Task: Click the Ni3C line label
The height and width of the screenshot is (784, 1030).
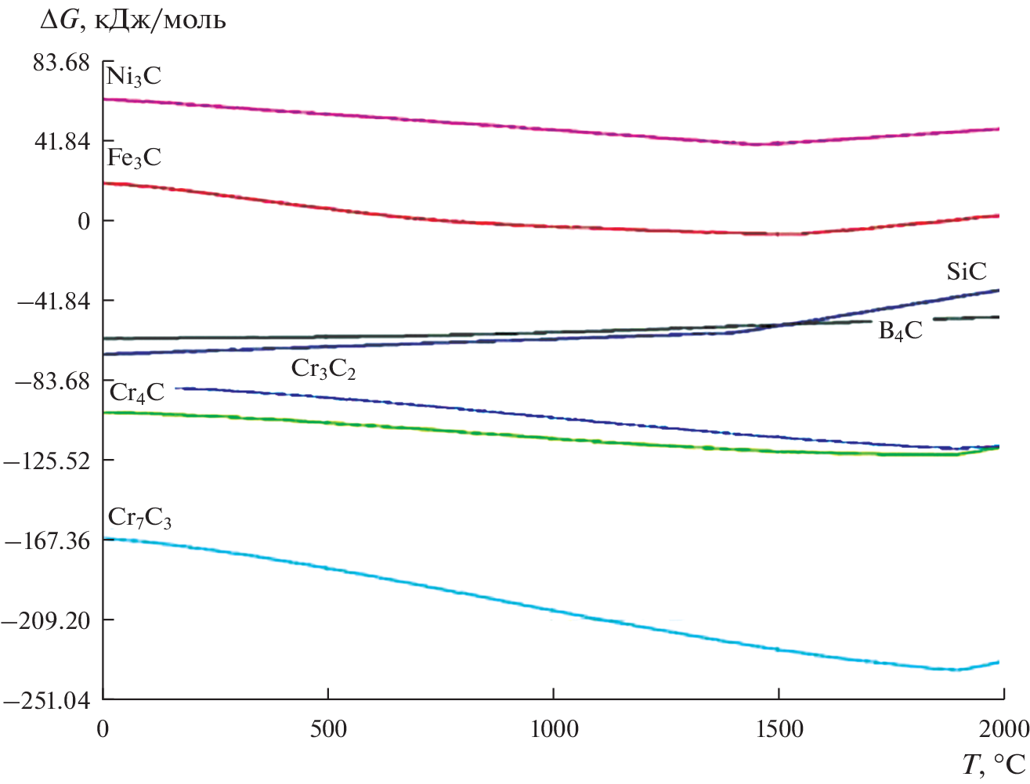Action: [x=134, y=77]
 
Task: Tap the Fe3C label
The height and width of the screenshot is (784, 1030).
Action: [x=134, y=158]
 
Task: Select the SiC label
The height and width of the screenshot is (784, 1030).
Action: [x=967, y=272]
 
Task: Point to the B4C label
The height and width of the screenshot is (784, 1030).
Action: [x=900, y=331]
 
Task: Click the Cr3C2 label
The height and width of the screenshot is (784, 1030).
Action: [x=323, y=369]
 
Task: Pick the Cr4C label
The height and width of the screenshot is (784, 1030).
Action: [x=137, y=392]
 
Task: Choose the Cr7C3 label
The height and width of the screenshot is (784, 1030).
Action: [x=139, y=518]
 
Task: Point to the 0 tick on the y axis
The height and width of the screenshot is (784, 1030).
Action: [x=84, y=222]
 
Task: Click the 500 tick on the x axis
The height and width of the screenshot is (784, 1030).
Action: [x=327, y=729]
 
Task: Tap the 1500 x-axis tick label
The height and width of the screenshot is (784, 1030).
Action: [x=779, y=729]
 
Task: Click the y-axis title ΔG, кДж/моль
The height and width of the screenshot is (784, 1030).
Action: [x=132, y=20]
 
